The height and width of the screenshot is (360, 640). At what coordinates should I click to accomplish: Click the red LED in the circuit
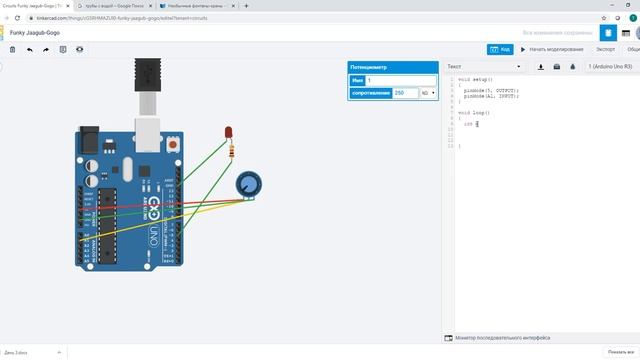click(229, 133)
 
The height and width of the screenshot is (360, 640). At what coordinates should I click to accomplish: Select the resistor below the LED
click(233, 151)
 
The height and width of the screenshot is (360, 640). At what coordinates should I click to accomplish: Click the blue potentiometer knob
click(247, 184)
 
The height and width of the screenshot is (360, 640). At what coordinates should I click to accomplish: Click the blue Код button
click(500, 48)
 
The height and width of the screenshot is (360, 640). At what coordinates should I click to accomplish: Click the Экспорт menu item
click(605, 48)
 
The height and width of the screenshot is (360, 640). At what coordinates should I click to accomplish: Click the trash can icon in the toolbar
click(13, 48)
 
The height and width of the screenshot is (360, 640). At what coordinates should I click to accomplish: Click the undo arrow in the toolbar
click(29, 48)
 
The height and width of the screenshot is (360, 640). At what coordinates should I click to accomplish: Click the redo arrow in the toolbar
click(46, 48)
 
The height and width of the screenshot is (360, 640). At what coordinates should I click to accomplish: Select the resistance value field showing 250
click(405, 93)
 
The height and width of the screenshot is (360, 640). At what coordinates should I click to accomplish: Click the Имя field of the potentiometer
click(400, 80)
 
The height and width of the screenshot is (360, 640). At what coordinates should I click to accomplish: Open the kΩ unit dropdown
click(428, 93)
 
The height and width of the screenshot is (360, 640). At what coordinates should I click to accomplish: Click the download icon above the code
click(541, 67)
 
